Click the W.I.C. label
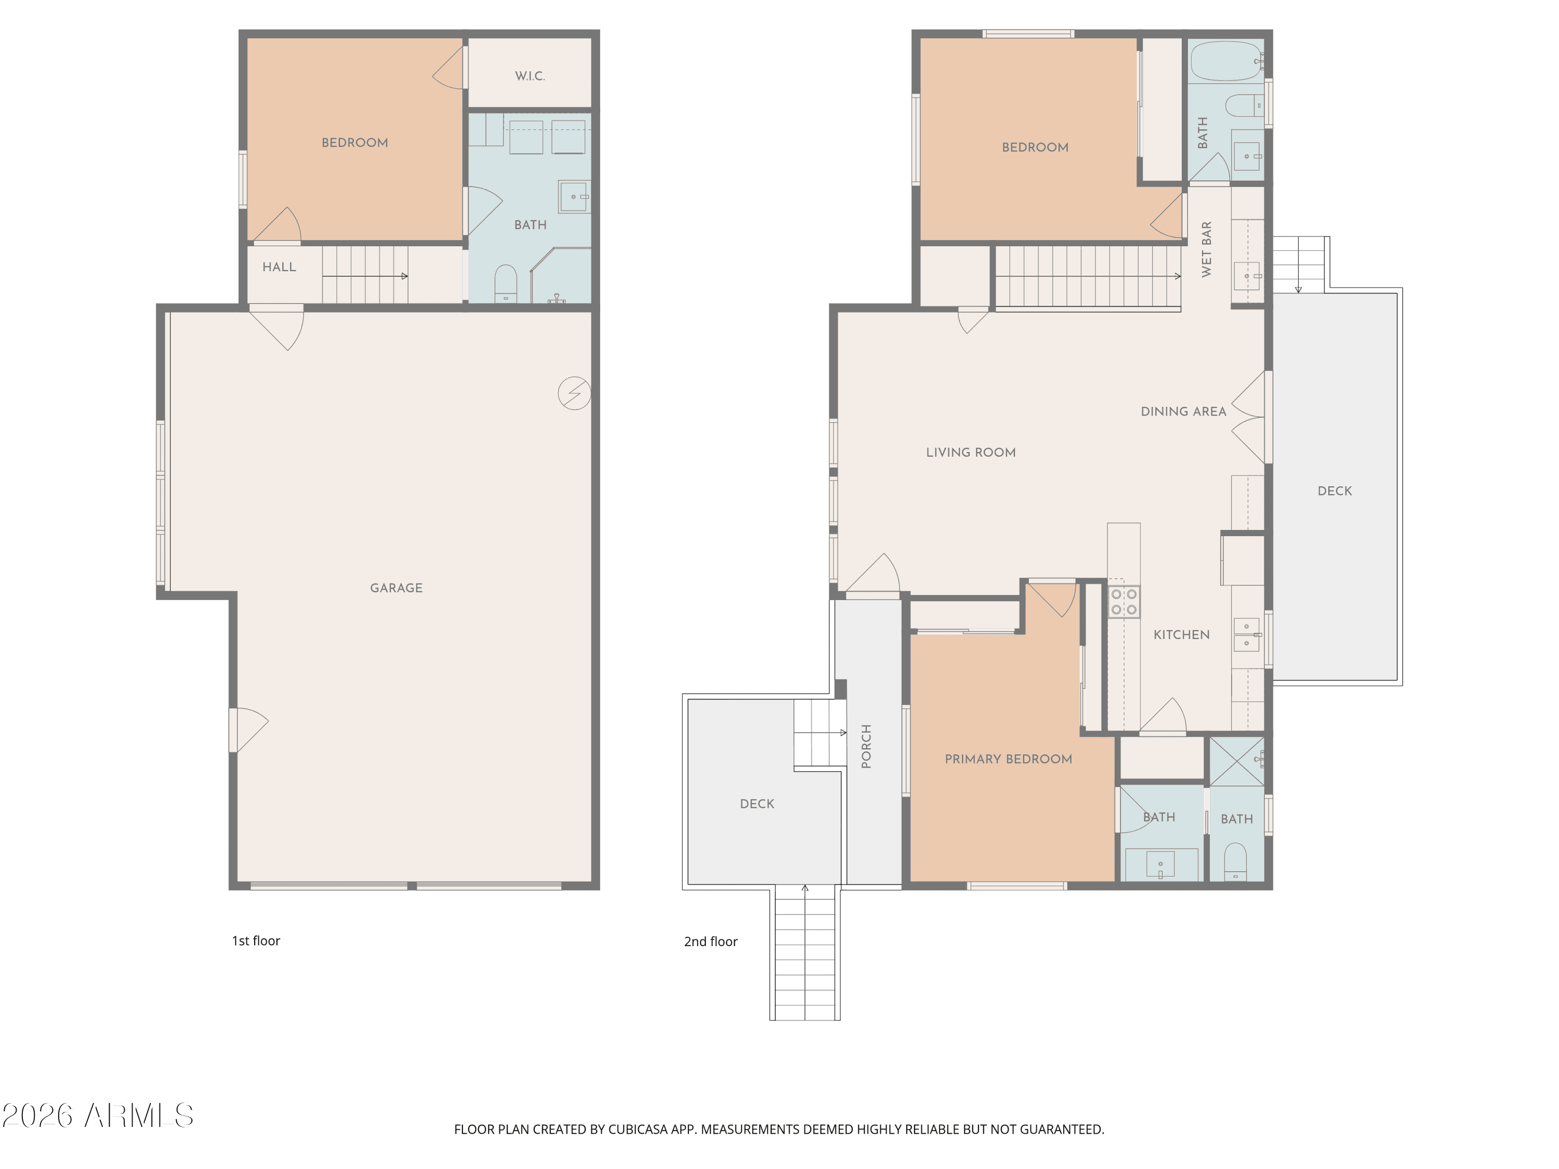coord(530,76)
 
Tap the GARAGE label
coord(396,588)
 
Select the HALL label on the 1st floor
coord(279,267)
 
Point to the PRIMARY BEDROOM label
coord(1009,759)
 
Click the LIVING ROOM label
coord(971,453)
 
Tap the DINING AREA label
coord(1183,411)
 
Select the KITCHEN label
coord(1181,635)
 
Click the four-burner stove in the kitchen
coord(1124,601)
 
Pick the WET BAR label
coord(1207,249)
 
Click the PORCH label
coord(866,746)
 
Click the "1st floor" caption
coord(256,941)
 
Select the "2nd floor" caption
coord(710,941)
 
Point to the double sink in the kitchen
coord(1247,634)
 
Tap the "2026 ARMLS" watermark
coord(98,1115)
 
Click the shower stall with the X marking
coord(1237,761)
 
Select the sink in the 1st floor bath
coord(574,196)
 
